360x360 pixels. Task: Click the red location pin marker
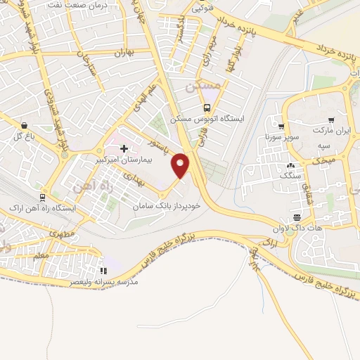181,165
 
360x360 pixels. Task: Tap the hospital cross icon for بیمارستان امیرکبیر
124,148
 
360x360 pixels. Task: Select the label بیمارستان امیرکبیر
124,160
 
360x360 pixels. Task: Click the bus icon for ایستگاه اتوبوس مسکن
207,108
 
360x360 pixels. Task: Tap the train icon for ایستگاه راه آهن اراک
43,198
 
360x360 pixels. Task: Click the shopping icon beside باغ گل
25,124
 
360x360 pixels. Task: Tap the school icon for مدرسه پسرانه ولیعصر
104,269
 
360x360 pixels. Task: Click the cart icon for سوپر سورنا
281,127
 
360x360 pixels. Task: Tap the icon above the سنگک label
290,165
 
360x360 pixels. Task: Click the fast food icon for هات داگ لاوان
297,217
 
